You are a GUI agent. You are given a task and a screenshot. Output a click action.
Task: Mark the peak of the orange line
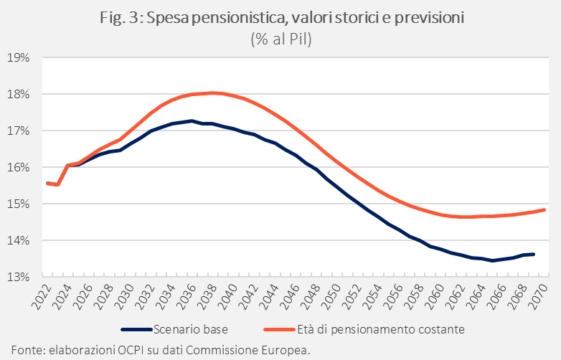(x=213, y=93)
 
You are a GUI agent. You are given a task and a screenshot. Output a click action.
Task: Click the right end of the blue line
(x=534, y=254)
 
